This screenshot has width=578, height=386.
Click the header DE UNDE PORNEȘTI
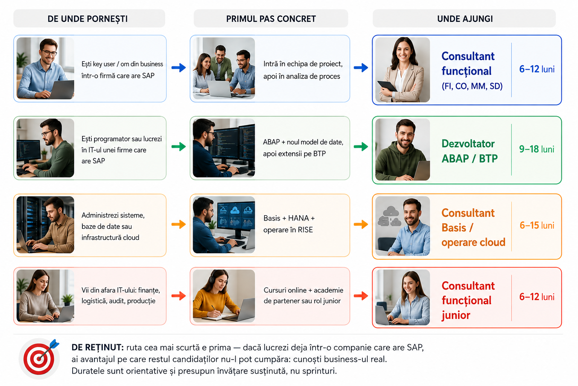87,19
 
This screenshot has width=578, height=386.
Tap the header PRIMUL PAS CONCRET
271,19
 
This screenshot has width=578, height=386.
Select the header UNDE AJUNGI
465,19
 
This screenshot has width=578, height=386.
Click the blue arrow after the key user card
179,68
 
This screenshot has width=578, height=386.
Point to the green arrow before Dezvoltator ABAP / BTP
361,147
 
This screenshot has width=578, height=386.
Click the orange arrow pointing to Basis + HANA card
179,224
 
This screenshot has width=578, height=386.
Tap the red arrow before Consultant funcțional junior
361,296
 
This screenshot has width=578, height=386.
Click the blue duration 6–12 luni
537,69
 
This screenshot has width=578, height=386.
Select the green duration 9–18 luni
537,149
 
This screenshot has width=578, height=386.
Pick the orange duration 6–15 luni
537,225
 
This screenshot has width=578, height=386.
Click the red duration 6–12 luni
537,297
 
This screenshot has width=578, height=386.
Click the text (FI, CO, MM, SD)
472,86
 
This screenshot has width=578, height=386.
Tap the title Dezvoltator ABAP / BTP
470,151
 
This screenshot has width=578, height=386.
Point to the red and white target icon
39,358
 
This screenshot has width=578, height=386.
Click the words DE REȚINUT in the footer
98,347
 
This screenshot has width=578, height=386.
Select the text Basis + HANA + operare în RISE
289,224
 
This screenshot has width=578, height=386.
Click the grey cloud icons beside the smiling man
389,216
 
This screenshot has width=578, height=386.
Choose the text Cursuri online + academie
303,290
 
